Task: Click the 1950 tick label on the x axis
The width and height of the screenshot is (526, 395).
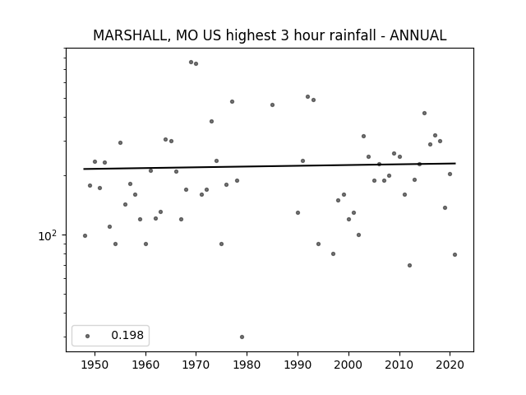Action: click(95, 365)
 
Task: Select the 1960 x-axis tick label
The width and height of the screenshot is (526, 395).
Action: click(145, 365)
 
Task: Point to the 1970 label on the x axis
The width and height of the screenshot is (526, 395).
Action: click(196, 365)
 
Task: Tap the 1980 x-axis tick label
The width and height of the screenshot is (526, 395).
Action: click(247, 365)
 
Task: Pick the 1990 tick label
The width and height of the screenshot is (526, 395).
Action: click(298, 365)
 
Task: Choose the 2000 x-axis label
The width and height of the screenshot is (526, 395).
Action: click(348, 365)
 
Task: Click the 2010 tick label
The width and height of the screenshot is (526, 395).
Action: click(399, 365)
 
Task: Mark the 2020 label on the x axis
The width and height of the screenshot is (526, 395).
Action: click(450, 365)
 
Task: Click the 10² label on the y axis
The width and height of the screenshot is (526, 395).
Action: click(48, 236)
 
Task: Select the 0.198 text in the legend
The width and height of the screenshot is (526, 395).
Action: click(127, 335)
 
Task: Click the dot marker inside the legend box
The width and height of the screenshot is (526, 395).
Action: click(88, 336)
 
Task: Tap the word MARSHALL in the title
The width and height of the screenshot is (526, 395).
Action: click(130, 35)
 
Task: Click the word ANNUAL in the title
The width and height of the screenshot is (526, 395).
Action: click(418, 35)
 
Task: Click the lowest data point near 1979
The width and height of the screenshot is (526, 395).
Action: click(242, 337)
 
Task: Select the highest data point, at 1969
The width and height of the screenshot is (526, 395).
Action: click(191, 63)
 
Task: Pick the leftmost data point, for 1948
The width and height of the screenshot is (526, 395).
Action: click(85, 236)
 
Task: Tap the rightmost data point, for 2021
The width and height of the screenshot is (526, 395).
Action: click(454, 254)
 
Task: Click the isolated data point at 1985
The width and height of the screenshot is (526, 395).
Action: click(272, 105)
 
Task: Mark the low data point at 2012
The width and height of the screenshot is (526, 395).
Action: click(409, 265)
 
